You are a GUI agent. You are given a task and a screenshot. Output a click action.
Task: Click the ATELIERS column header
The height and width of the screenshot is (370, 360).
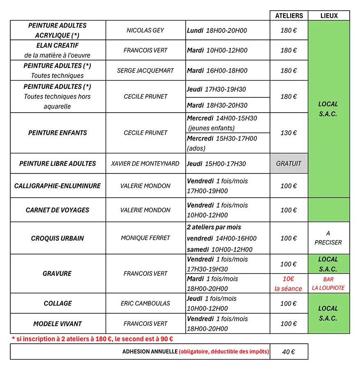pos(289,16)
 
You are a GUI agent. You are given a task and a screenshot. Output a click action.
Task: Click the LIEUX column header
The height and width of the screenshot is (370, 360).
pos(329,16)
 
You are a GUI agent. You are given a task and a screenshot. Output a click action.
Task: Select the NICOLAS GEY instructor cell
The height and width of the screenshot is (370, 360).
pos(145,30)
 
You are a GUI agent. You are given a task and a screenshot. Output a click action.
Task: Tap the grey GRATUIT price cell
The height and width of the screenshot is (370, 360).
pos(289,164)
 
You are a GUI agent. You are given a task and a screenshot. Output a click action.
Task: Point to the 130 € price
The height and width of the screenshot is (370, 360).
pos(288,133)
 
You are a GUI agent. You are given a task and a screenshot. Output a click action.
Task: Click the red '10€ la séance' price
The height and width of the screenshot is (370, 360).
pos(288,284)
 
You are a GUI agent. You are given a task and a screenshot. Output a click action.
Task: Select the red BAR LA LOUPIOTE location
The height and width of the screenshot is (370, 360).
pos(328,284)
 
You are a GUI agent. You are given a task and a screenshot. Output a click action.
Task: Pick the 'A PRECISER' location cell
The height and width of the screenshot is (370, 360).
pos(328,238)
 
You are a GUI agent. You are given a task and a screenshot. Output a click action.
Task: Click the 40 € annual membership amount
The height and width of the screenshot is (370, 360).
pos(288,352)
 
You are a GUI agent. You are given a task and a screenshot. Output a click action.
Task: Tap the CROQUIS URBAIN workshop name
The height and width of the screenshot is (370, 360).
pos(58,238)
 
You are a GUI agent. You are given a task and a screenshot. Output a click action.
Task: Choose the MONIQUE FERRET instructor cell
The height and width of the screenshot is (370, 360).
pos(145,238)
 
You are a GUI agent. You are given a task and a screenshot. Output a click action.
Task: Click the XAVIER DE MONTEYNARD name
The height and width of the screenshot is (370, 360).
pos(145,164)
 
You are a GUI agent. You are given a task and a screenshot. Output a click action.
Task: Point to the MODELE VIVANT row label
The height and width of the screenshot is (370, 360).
pos(58,324)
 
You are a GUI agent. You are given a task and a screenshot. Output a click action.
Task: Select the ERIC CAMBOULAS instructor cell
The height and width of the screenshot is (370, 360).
pos(145,303)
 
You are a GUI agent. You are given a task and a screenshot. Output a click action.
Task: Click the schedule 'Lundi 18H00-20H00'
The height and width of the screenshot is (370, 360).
pos(217,30)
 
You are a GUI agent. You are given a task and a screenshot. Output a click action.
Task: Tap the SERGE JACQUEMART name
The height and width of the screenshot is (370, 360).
pos(145,71)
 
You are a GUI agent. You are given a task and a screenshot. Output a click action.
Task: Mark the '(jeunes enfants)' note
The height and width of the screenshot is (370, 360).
pos(211,128)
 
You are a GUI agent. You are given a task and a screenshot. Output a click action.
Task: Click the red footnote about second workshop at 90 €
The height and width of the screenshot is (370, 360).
pos(92,339)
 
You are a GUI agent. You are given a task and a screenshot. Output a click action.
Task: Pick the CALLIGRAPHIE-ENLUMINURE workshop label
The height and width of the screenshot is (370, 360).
pos(58,186)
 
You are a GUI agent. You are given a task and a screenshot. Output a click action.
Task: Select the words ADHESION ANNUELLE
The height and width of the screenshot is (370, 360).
pos(150,351)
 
